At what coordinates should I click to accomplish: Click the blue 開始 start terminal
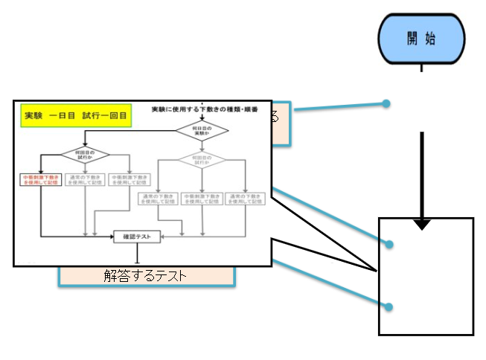[x=421, y=39]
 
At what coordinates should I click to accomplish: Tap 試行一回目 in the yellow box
[x=103, y=117]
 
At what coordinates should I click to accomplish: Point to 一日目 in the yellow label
[x=67, y=117]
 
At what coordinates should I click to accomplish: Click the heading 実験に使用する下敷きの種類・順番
[x=205, y=109]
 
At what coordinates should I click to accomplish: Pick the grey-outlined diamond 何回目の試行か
[x=202, y=158]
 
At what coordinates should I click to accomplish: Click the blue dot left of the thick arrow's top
[x=386, y=103]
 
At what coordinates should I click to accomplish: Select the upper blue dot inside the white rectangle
[x=388, y=243]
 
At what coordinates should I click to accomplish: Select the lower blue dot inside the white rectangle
[x=388, y=306]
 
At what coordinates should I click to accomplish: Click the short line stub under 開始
[x=422, y=68]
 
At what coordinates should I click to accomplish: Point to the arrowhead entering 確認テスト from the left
[x=110, y=237]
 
